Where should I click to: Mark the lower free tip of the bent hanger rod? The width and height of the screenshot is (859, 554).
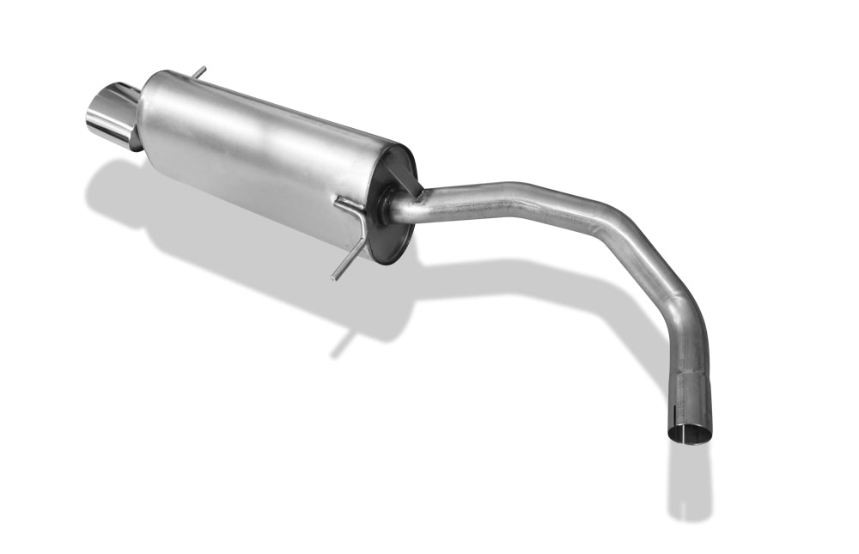point(335,277)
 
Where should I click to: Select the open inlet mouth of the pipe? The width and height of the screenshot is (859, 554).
point(690,434)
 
